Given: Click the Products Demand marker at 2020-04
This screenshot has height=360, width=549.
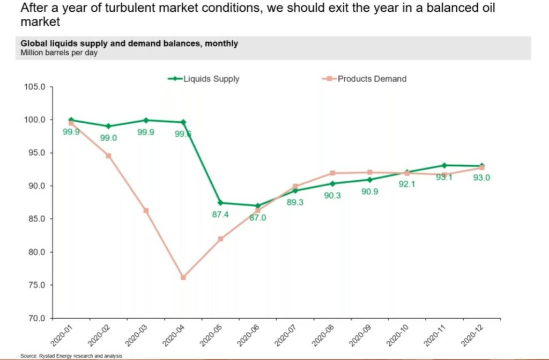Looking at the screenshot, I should pos(183,277).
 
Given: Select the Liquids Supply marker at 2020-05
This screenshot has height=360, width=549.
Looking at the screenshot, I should pos(220,203).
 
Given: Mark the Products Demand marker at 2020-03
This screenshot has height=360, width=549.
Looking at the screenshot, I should pos(146,210).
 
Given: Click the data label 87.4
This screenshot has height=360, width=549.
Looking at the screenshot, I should pos(220,215).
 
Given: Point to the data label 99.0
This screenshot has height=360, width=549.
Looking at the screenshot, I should pos(108,138).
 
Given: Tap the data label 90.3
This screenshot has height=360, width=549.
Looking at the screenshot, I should pos(332,195).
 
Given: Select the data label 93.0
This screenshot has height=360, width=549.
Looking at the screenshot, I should pos(481,178).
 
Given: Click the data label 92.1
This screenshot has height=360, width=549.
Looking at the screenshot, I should pos(407,184).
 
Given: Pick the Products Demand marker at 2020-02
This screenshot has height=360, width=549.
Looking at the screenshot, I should pos(108,156).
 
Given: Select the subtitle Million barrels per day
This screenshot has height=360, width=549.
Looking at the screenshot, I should pos(59,53).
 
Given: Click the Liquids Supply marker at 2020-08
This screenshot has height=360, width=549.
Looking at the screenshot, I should pos(332,183).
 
